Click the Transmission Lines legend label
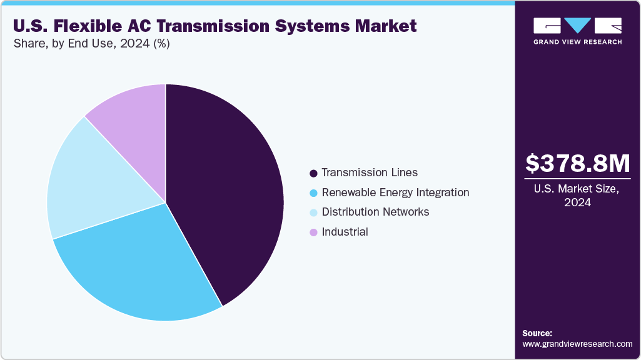(x=370, y=172)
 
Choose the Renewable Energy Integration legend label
(x=395, y=192)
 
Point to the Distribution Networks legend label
(x=375, y=212)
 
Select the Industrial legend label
(x=345, y=232)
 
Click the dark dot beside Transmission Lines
(x=313, y=172)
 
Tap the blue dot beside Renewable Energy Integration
(x=313, y=192)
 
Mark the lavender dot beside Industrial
(x=313, y=232)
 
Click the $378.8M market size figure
(x=577, y=163)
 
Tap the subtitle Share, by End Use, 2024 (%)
(x=91, y=44)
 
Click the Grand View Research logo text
(x=577, y=42)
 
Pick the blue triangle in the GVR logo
(x=578, y=25)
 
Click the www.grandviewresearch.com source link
(x=577, y=344)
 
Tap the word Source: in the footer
(x=537, y=333)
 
